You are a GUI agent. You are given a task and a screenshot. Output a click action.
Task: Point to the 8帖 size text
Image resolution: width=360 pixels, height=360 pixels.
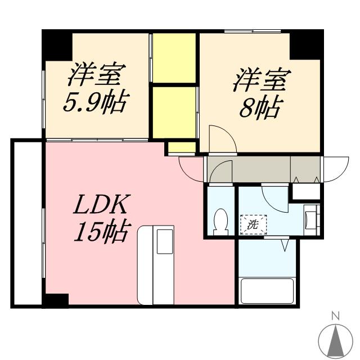[x=259, y=107]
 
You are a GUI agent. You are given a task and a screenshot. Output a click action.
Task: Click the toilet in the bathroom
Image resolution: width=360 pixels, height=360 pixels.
[x=220, y=222]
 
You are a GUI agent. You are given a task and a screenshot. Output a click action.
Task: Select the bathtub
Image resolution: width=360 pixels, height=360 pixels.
[x=267, y=291]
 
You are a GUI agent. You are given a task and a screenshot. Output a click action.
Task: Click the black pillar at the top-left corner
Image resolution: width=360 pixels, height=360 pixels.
[x=57, y=45]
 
